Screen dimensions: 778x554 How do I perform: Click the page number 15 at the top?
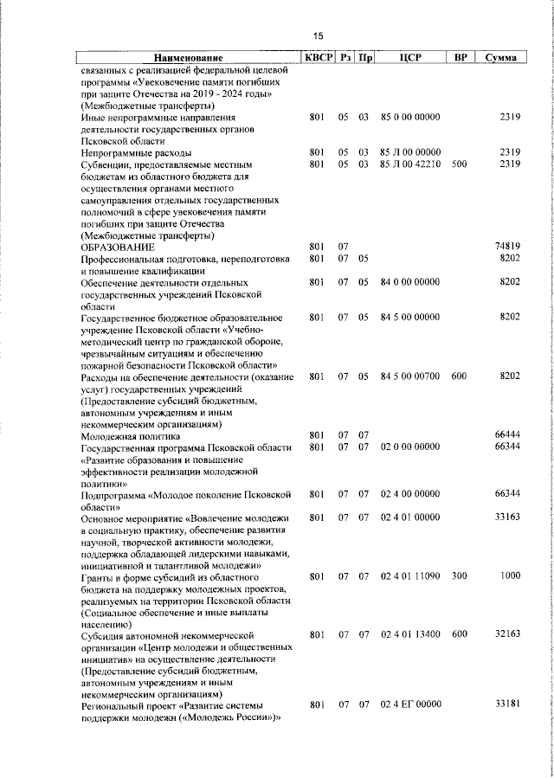click(x=318, y=35)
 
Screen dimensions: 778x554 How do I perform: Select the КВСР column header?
click(x=316, y=58)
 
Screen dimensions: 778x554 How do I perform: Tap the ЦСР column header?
click(x=410, y=58)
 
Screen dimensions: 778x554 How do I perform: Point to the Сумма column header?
click(x=501, y=58)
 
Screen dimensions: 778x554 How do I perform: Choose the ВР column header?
click(x=461, y=58)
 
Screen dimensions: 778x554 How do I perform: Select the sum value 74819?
click(x=506, y=247)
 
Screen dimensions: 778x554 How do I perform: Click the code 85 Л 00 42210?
click(x=410, y=164)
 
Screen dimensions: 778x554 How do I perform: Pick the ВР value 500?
click(x=459, y=164)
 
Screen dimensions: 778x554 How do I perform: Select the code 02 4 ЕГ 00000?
click(x=410, y=705)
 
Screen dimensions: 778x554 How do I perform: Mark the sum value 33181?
click(x=506, y=705)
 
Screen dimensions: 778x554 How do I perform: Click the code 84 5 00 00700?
click(x=410, y=376)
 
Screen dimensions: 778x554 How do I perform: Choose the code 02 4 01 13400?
click(x=410, y=634)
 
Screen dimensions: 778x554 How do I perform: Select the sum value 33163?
click(x=506, y=518)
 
